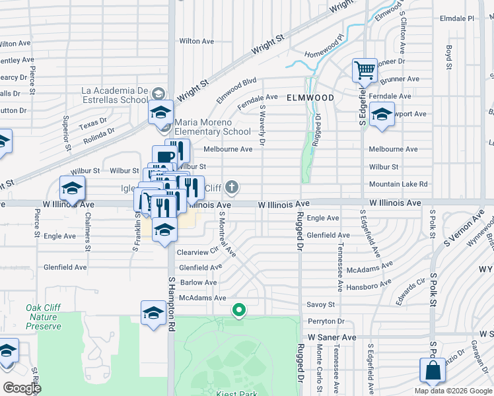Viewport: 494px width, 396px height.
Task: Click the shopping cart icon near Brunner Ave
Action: [365, 70]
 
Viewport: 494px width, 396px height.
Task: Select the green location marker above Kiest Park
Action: [238, 309]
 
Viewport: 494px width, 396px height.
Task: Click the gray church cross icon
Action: [231, 188]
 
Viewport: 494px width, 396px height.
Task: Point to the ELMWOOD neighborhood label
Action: [310, 97]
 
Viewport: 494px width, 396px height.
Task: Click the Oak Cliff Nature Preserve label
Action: [43, 317]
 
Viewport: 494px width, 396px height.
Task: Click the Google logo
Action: [22, 388]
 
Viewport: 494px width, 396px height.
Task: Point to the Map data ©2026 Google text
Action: [453, 391]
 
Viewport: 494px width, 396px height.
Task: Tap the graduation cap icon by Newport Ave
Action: [382, 114]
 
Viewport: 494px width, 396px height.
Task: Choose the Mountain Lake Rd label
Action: [398, 184]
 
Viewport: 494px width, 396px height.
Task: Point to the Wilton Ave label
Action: [197, 41]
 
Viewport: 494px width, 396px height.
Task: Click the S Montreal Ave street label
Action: [227, 233]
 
